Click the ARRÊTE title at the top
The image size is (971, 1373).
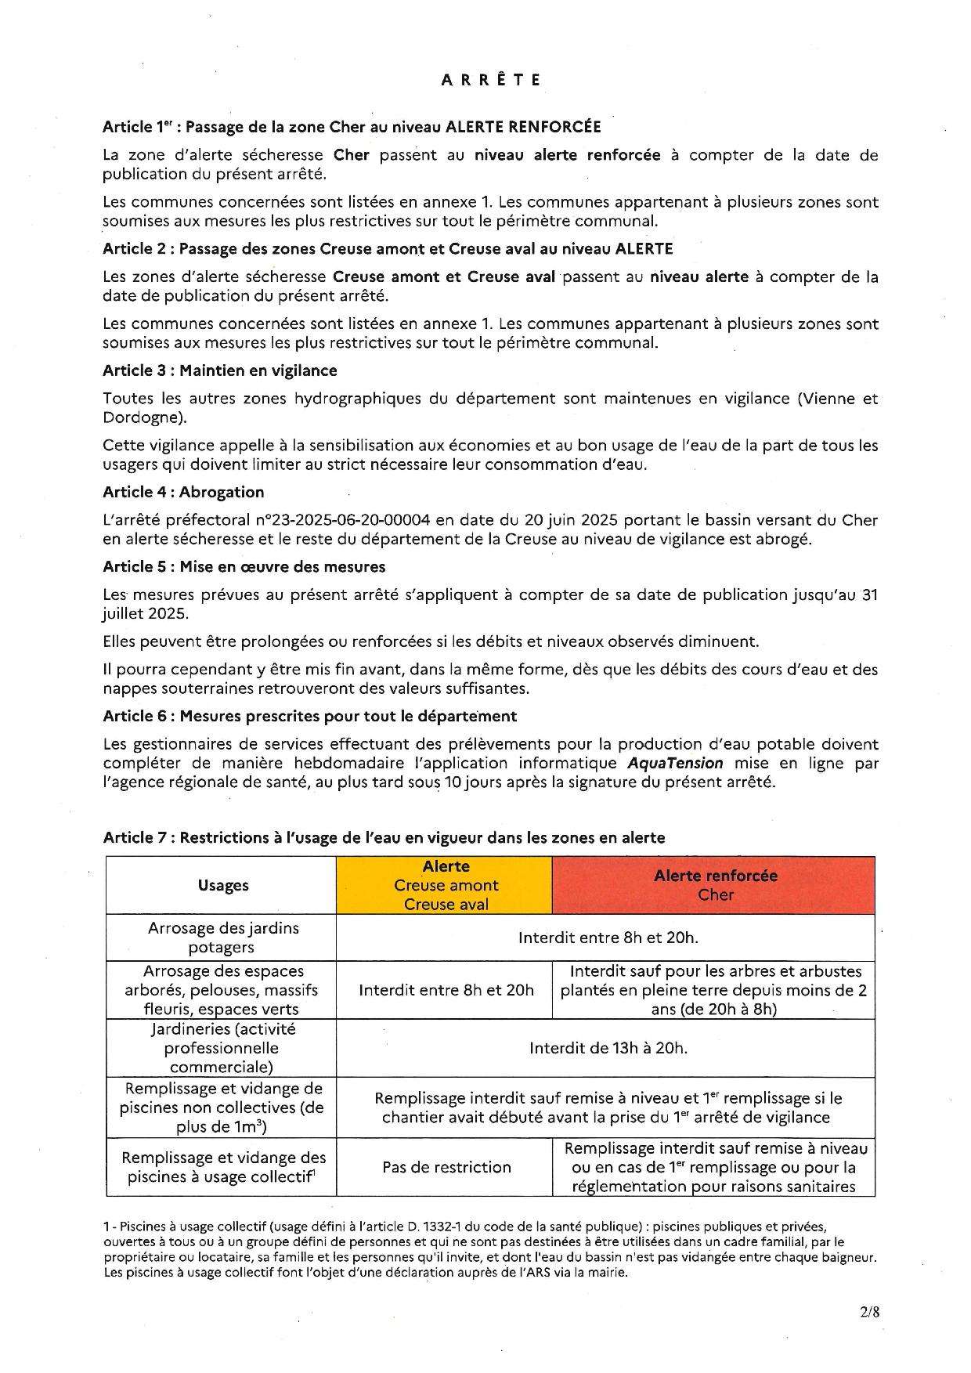click(491, 80)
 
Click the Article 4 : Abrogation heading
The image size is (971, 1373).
click(183, 492)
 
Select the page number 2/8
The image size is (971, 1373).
click(868, 1313)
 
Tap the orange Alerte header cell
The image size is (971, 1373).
click(445, 885)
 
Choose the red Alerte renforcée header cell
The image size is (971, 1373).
click(714, 885)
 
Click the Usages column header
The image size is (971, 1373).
click(222, 885)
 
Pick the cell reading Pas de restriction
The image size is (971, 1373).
click(446, 1167)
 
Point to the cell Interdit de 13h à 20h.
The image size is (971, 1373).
click(608, 1048)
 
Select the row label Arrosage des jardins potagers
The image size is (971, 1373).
click(222, 938)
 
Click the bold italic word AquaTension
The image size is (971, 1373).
click(675, 763)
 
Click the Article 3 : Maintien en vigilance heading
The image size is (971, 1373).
click(219, 370)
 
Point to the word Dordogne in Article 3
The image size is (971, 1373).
click(139, 417)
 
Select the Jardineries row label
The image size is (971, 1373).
click(222, 1048)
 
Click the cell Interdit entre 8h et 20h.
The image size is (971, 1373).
click(446, 990)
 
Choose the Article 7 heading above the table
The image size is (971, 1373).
click(384, 837)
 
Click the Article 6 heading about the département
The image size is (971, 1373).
click(309, 716)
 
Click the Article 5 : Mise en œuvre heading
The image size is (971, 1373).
click(244, 566)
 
